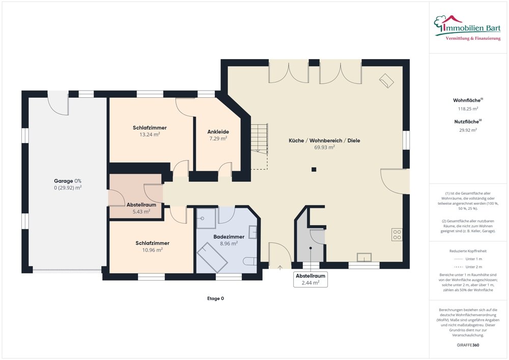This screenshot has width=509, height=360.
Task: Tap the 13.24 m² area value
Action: click(x=150, y=134)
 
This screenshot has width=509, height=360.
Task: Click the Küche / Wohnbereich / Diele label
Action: click(x=324, y=141)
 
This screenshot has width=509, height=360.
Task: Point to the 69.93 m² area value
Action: click(x=324, y=147)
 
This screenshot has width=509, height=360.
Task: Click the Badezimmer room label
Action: click(x=229, y=237)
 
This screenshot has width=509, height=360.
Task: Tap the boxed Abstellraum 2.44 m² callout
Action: click(x=310, y=279)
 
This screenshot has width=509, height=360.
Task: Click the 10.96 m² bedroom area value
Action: click(x=152, y=250)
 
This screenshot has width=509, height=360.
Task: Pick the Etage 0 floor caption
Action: click(x=215, y=299)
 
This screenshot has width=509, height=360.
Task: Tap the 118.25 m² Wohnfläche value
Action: click(x=468, y=108)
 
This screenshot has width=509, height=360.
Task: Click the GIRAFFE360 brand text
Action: click(x=468, y=345)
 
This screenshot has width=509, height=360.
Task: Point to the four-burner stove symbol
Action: click(x=397, y=234)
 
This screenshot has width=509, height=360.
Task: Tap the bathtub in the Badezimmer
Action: click(x=212, y=257)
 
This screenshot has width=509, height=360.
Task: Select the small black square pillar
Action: click(x=314, y=170)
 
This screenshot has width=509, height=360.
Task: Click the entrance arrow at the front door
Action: click(x=280, y=267)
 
